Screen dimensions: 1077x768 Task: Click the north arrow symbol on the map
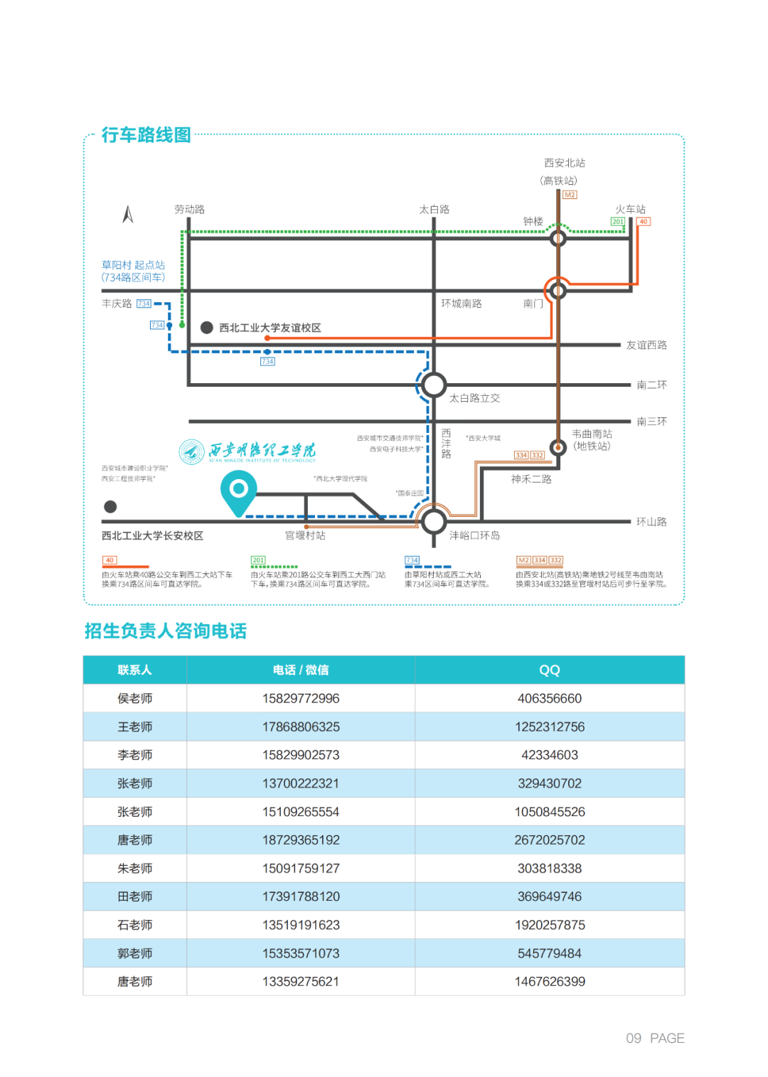pyautogui.click(x=128, y=214)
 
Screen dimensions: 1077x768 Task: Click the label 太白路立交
pyautogui.click(x=474, y=398)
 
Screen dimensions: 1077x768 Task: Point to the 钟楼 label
pyautogui.click(x=533, y=222)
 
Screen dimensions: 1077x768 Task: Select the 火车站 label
pyautogui.click(x=630, y=209)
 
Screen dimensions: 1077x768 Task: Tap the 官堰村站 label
pyautogui.click(x=305, y=535)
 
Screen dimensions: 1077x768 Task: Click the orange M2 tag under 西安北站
pyautogui.click(x=570, y=195)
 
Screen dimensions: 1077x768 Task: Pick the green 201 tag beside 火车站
pyautogui.click(x=617, y=222)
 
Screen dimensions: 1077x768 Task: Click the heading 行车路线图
pyautogui.click(x=146, y=135)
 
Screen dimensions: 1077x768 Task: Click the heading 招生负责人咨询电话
pyautogui.click(x=166, y=631)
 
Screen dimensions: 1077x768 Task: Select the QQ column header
pyautogui.click(x=549, y=670)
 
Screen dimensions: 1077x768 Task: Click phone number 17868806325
pyautogui.click(x=301, y=727)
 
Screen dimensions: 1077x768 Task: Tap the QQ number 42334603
pyautogui.click(x=549, y=755)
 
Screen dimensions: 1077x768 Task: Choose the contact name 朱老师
pyautogui.click(x=135, y=868)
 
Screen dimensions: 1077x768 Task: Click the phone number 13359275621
pyautogui.click(x=301, y=981)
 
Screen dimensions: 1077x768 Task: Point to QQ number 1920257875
pyautogui.click(x=550, y=925)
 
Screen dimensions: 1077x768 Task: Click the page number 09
pyautogui.click(x=634, y=1038)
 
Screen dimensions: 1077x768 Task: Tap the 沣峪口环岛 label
pyautogui.click(x=474, y=535)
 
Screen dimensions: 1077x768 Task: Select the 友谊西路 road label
pyautogui.click(x=646, y=345)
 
